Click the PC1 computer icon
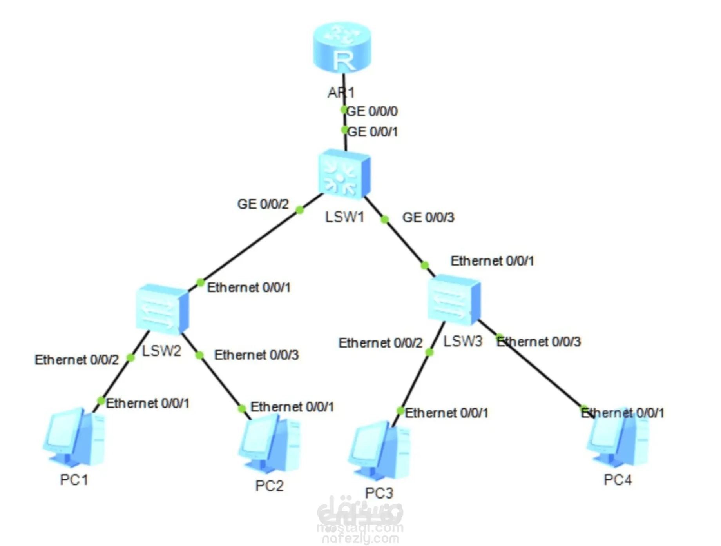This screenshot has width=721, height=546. click(x=74, y=437)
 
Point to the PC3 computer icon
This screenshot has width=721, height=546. click(x=379, y=451)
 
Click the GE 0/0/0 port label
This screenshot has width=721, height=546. click(x=372, y=111)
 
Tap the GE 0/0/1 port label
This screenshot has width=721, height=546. click(x=373, y=132)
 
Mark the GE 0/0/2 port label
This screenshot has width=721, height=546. click(x=263, y=204)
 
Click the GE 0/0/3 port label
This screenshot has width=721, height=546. click(x=428, y=217)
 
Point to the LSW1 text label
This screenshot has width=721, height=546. click(x=345, y=217)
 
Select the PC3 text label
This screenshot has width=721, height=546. click(x=379, y=493)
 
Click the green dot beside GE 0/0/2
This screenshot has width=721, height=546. click(x=300, y=210)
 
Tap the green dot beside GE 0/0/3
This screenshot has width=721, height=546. click(x=385, y=219)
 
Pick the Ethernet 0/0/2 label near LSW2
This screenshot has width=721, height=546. click(x=77, y=360)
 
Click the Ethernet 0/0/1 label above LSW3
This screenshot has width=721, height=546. click(x=492, y=261)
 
